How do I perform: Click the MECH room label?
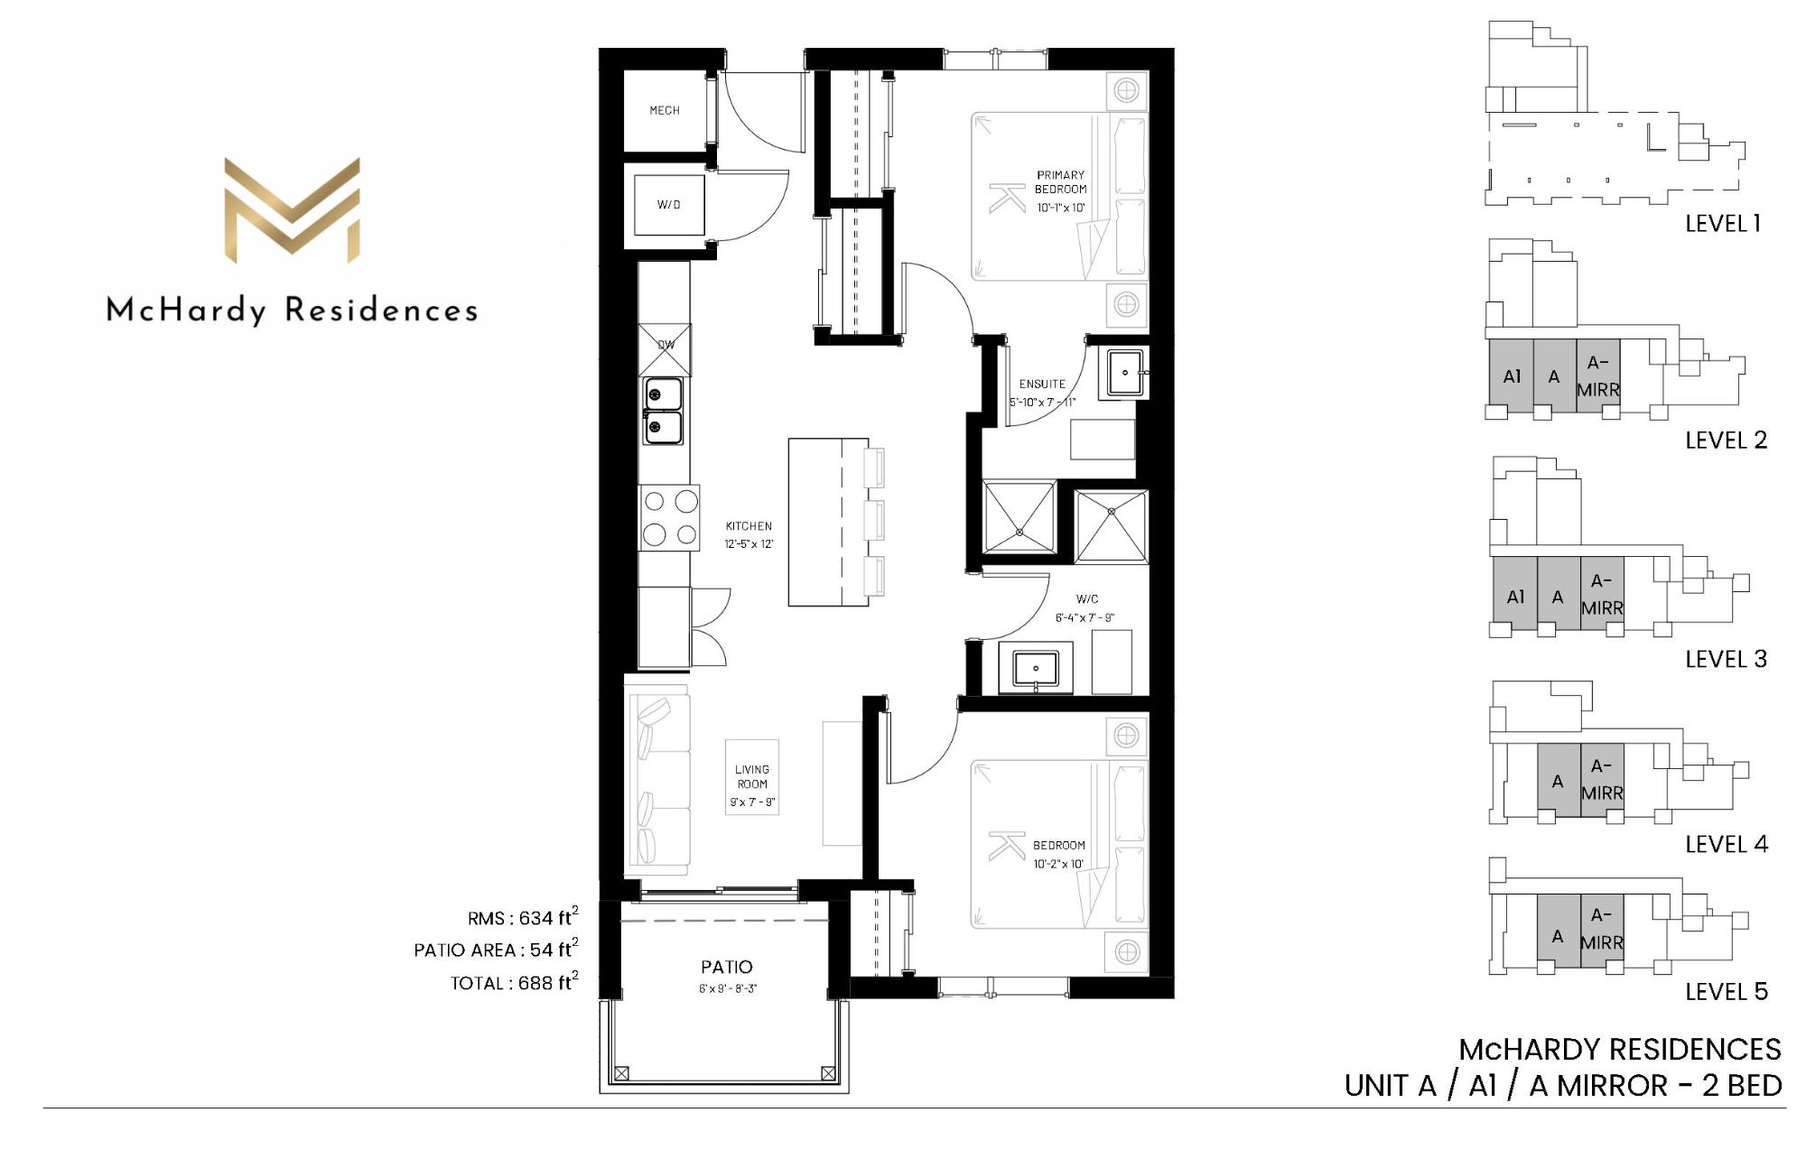click(x=665, y=111)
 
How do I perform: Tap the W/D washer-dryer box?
click(x=669, y=205)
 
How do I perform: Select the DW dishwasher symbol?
click(x=666, y=349)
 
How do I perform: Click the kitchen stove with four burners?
click(x=669, y=518)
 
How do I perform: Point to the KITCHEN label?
click(x=749, y=526)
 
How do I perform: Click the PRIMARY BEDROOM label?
click(x=1061, y=182)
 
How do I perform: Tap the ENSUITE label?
click(x=1042, y=385)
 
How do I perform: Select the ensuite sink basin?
click(x=1124, y=373)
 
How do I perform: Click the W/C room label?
click(x=1087, y=599)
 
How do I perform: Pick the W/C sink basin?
click(x=1036, y=669)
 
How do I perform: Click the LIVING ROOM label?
click(x=752, y=777)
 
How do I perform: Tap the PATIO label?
click(x=727, y=968)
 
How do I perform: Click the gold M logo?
click(x=292, y=210)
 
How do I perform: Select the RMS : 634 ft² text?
click(x=523, y=917)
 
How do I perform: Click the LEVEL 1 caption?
click(x=1723, y=224)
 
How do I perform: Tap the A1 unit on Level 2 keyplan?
click(x=1512, y=376)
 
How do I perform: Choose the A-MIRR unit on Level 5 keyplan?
click(x=1602, y=930)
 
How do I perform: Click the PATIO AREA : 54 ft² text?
click(x=497, y=950)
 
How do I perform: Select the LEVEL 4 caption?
click(x=1727, y=845)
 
